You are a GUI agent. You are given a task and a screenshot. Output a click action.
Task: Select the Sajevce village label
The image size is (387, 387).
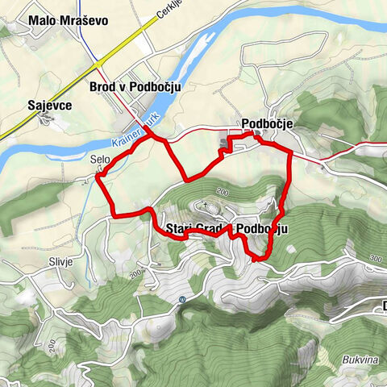point(46,105)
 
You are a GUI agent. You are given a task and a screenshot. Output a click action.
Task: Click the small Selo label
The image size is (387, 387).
point(100,159)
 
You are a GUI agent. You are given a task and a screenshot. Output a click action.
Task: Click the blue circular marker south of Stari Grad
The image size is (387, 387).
point(184,298)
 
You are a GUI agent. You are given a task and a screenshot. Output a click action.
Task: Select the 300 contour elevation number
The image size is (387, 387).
point(373,259)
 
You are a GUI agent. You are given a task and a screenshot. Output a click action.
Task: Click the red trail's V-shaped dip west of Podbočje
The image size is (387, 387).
point(187,178)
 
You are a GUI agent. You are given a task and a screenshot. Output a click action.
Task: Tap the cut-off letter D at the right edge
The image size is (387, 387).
point(383,306)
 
